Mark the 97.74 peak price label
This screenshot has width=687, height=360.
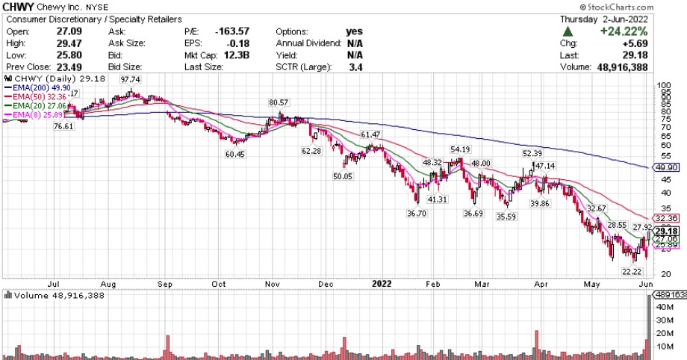pos(131,80)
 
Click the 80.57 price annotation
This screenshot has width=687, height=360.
pos(279,102)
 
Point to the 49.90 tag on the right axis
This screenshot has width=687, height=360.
pos(665,168)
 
